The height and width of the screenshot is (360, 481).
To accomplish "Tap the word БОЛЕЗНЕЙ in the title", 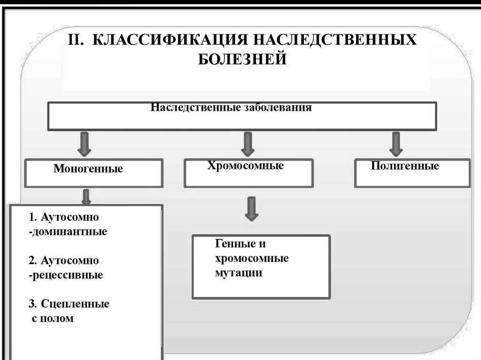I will click(x=241, y=59).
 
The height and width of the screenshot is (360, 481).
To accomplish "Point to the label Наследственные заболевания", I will click(x=231, y=107).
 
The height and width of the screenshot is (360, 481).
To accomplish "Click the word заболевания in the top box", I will click(x=278, y=107).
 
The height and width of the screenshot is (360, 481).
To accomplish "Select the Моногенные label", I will click(x=88, y=169).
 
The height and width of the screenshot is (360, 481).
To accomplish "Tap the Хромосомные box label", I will click(x=246, y=166).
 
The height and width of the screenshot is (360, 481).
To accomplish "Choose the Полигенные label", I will click(x=404, y=166).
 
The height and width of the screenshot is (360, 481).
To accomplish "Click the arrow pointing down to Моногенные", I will click(x=85, y=144).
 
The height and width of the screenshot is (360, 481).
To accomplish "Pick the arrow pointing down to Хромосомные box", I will click(x=248, y=144).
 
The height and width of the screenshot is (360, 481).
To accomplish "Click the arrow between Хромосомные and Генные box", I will click(x=252, y=208).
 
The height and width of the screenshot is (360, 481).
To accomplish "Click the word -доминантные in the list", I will click(x=68, y=232).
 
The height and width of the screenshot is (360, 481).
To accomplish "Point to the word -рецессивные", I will click(x=65, y=275).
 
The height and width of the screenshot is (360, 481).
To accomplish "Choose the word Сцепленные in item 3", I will click(x=75, y=304).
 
